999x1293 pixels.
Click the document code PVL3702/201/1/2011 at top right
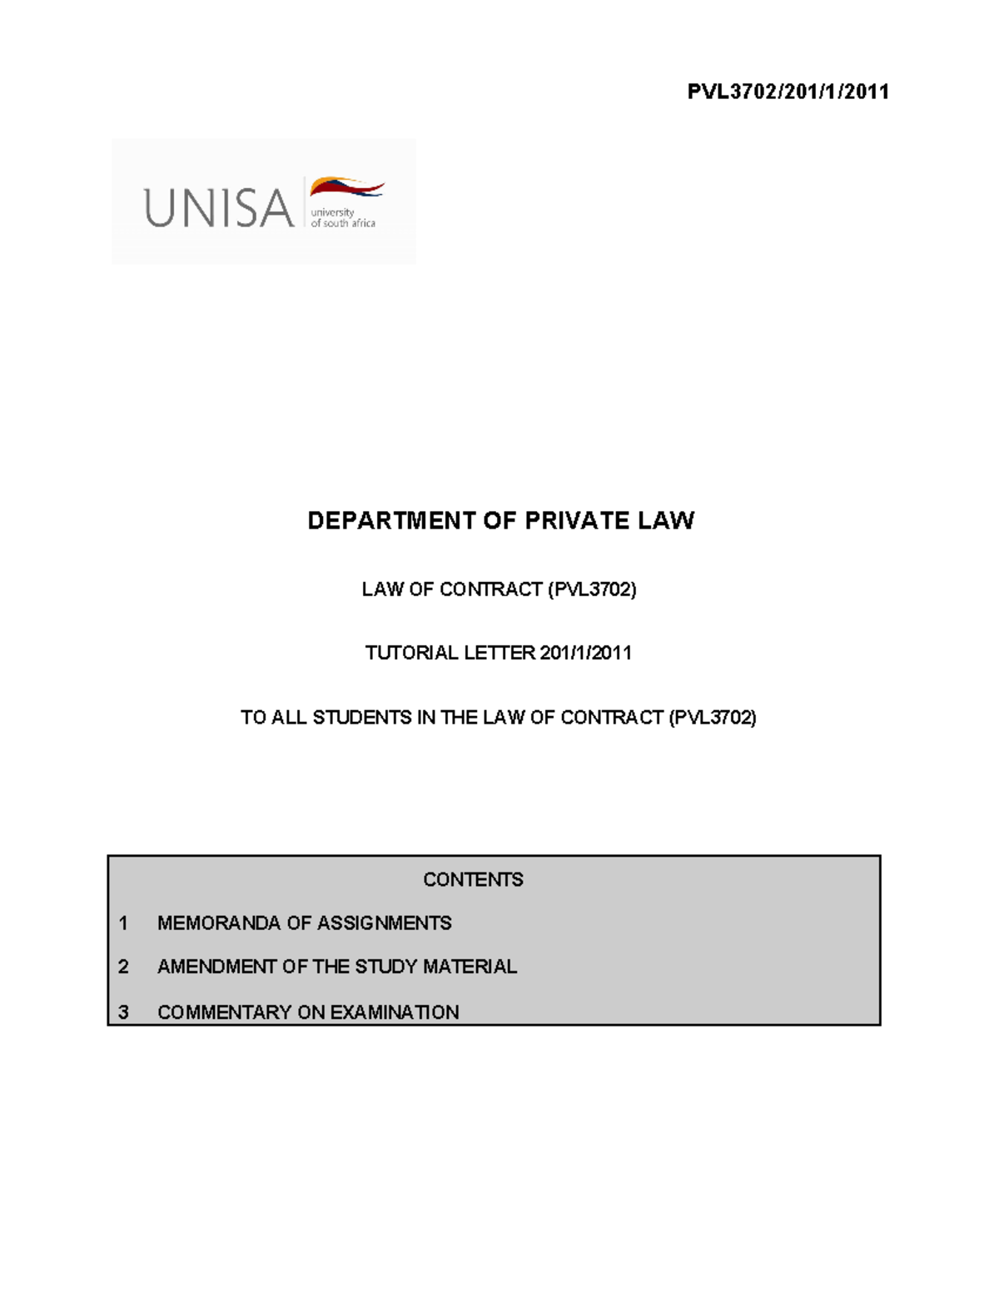click(x=788, y=92)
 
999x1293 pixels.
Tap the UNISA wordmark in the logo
click(x=219, y=208)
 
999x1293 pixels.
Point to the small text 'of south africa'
click(x=343, y=223)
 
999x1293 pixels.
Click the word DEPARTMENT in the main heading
click(x=391, y=521)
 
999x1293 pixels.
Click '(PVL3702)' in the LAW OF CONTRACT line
click(x=592, y=589)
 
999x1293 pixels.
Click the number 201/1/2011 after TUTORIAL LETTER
click(x=585, y=653)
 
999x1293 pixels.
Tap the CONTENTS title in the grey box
click(x=473, y=880)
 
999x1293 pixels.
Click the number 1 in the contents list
click(x=123, y=923)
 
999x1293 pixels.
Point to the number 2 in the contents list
click(x=123, y=967)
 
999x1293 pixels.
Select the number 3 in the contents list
click(x=123, y=1012)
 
